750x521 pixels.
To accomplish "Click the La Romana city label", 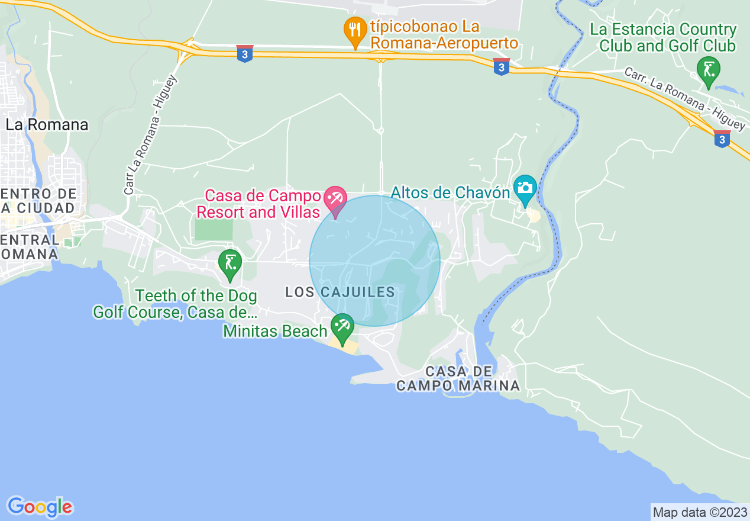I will coord(47,125).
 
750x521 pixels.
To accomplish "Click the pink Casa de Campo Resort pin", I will coord(336,200).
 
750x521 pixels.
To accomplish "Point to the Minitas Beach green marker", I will coord(342,327).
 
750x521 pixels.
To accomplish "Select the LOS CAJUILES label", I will coord(340,292).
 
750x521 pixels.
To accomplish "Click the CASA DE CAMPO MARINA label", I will coord(458,378).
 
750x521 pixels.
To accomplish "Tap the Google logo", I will coord(40,506).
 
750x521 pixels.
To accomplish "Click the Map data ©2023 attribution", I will coord(700,512).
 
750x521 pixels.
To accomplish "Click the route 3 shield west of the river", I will coord(502,67).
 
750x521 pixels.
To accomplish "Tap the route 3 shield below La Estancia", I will coord(722,139).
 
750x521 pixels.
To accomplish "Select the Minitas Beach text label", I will coord(275,331).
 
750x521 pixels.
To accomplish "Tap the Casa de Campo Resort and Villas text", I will coord(263,204).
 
